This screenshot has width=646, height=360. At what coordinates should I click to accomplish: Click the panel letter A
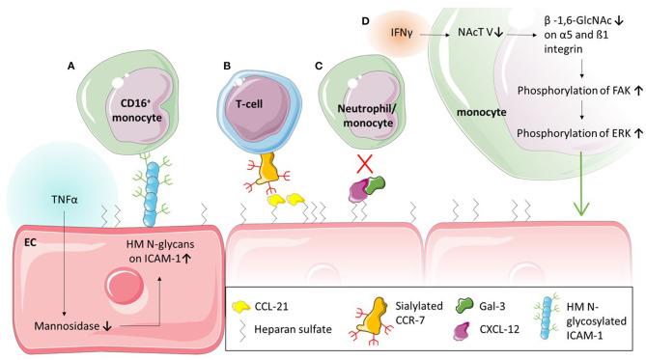tap(70, 67)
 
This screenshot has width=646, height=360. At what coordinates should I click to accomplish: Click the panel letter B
tap(226, 67)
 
